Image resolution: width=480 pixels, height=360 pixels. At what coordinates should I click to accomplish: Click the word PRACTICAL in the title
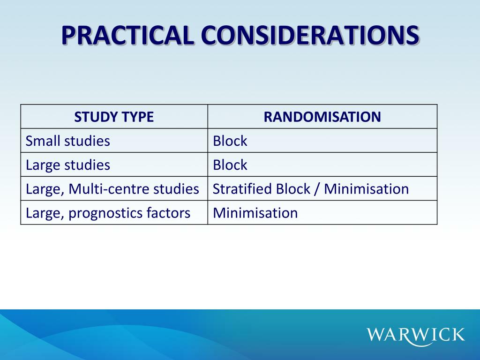click(x=127, y=36)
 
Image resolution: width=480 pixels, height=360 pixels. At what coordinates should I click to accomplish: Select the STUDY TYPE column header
click(x=114, y=117)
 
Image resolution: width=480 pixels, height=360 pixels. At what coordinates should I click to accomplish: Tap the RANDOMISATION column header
click(x=322, y=117)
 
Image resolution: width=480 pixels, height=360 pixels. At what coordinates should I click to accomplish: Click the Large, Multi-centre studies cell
click(x=112, y=189)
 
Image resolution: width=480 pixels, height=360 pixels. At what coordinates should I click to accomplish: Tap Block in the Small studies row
click(x=230, y=141)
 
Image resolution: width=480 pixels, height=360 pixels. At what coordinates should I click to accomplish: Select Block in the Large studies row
click(x=230, y=165)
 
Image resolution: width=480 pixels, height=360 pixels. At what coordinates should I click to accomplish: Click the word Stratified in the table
click(x=242, y=189)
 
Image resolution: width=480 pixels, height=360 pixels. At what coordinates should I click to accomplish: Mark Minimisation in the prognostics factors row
click(x=255, y=213)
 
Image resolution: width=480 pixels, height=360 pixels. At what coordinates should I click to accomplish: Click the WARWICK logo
click(x=416, y=335)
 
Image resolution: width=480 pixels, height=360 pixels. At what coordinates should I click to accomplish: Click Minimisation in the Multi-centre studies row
click(x=366, y=189)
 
